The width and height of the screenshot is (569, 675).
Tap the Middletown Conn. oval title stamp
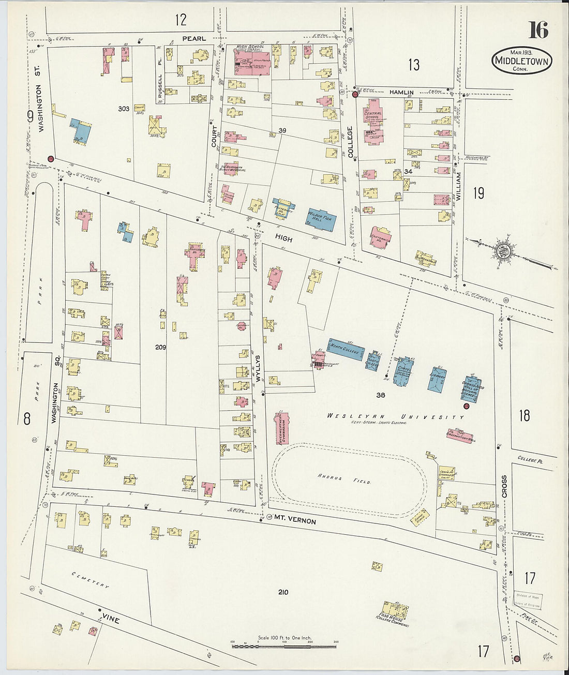coord(522,61)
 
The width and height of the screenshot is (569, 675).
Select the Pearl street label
coord(193,39)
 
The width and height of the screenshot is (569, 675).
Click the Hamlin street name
coord(401,92)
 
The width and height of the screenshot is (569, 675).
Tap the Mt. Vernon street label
coord(295,519)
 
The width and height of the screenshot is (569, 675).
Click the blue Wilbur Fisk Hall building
coord(322,220)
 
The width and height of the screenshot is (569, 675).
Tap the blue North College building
coord(346,349)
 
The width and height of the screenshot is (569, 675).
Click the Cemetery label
coord(91,579)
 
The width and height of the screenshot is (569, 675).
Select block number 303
coord(124,109)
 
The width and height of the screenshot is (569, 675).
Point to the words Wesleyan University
coord(396,416)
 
